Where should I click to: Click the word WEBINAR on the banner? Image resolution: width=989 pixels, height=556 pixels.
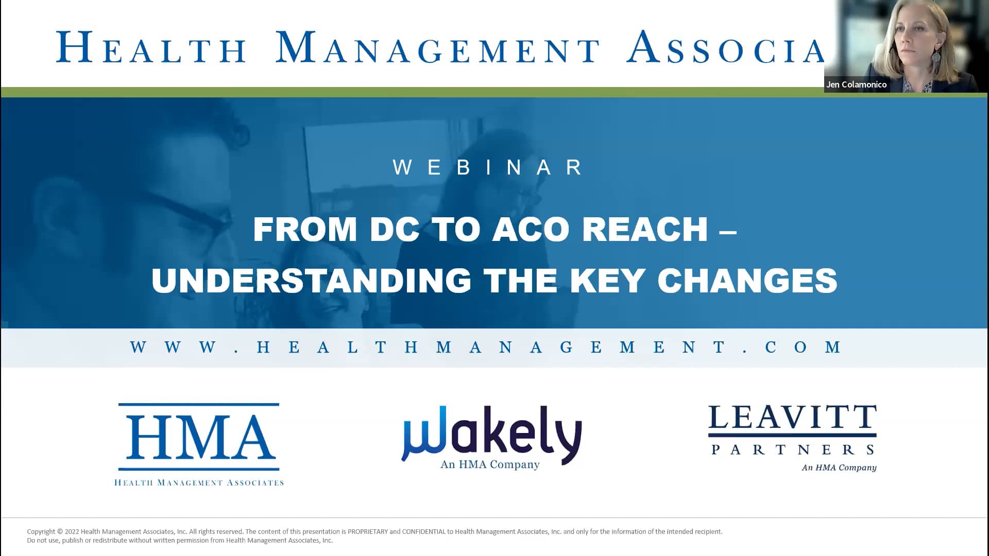pos(488,167)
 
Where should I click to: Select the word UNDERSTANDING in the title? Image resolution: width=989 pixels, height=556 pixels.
pos(311,281)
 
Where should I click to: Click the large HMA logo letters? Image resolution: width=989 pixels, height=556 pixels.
pos(199,438)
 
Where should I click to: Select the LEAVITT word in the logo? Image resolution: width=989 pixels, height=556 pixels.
pos(792,418)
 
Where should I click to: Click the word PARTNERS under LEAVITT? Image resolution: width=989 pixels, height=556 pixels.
pos(792,450)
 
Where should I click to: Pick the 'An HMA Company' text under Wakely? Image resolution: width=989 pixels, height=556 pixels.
pos(490,464)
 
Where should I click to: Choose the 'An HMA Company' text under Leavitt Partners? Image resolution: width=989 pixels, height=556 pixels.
pos(839,467)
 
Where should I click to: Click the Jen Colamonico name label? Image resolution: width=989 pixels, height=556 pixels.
pos(856,84)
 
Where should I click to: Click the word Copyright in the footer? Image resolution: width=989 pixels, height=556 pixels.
pos(41,531)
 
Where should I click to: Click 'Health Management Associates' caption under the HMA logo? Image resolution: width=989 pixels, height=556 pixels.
pos(199,483)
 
